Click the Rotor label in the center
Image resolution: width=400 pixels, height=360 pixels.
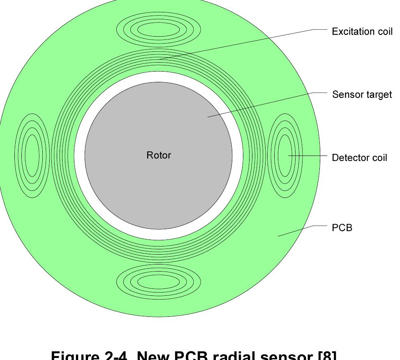tap(159, 155)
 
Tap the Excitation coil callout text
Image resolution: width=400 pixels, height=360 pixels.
tap(362, 32)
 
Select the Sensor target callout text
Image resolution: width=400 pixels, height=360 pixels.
tap(362, 95)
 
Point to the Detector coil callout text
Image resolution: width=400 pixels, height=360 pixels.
tap(359, 158)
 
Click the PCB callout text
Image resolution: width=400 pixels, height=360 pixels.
tap(342, 228)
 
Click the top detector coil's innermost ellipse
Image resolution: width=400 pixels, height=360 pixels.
tap(158, 30)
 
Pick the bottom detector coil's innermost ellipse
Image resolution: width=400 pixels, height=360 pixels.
tap(158, 282)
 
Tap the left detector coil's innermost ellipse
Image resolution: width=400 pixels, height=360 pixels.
tap(32, 156)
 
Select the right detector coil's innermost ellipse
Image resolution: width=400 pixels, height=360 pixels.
tap(285, 156)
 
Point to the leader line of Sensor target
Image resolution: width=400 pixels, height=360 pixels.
tap(263, 105)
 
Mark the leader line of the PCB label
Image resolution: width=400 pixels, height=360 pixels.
tap(296, 231)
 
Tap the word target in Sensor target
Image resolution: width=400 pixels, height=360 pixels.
tap(379, 95)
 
